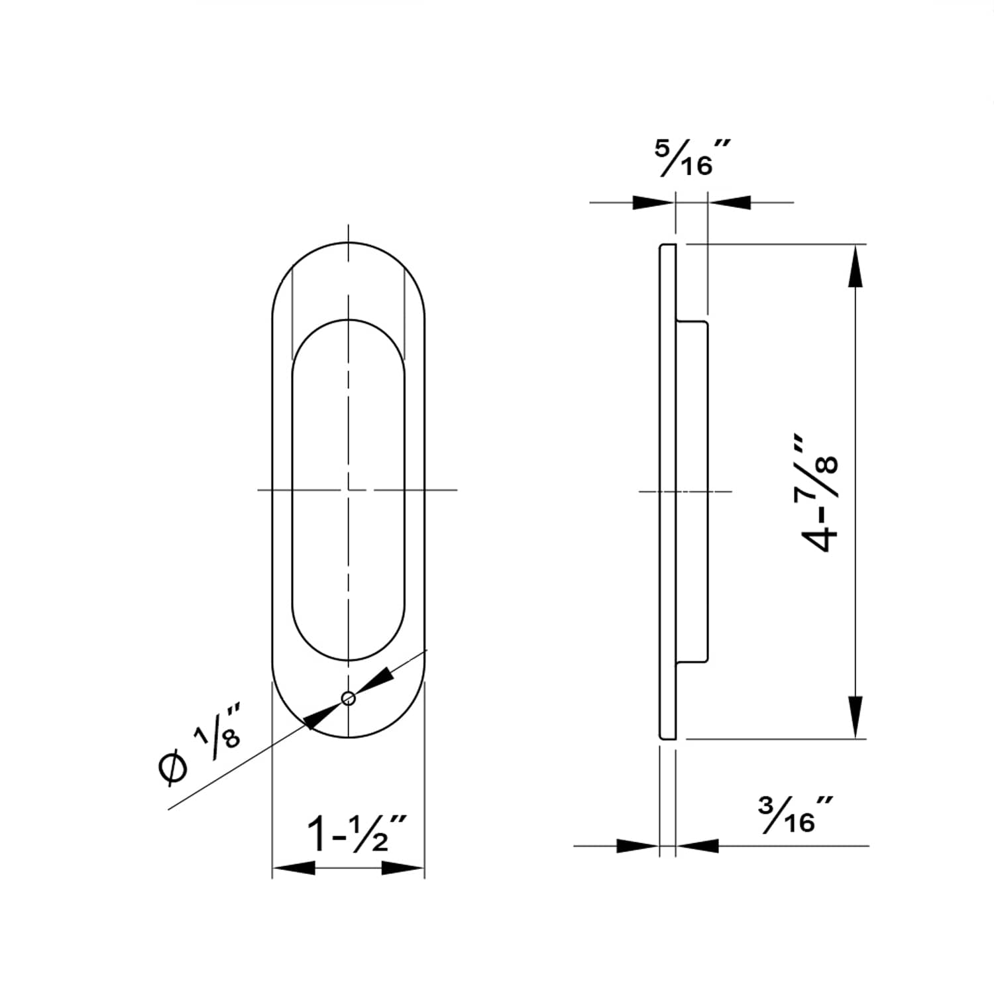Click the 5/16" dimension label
(692, 158)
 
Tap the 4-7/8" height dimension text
(821, 494)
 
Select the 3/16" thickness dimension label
(795, 815)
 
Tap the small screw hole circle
(348, 698)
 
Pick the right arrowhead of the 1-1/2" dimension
(403, 867)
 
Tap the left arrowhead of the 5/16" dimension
(653, 202)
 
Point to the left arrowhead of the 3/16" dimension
(637, 846)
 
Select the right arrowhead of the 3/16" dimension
(698, 846)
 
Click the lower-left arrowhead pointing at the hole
(320, 716)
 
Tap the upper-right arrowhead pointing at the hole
(376, 680)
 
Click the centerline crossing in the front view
(348, 490)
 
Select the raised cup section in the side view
(692, 490)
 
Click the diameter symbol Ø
(172, 769)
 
